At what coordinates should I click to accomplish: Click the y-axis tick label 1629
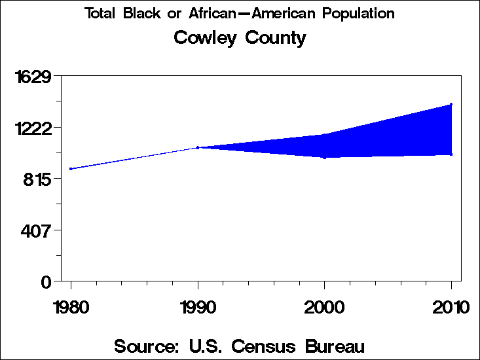click(33, 77)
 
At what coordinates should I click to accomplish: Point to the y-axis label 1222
click(33, 128)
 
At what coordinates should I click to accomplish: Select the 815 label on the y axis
click(37, 179)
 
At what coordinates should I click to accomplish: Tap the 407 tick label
click(37, 231)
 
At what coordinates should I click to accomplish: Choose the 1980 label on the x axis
click(71, 307)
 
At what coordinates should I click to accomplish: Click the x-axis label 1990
click(198, 307)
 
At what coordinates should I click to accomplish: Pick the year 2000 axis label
click(324, 307)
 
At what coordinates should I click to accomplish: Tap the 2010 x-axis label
click(451, 307)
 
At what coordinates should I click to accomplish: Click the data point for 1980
click(71, 169)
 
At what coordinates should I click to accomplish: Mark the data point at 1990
click(198, 147)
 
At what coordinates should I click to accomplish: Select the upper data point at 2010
click(451, 104)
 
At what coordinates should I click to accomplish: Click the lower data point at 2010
click(451, 154)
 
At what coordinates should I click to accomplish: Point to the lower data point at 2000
click(324, 157)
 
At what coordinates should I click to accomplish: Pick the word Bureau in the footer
click(333, 346)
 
